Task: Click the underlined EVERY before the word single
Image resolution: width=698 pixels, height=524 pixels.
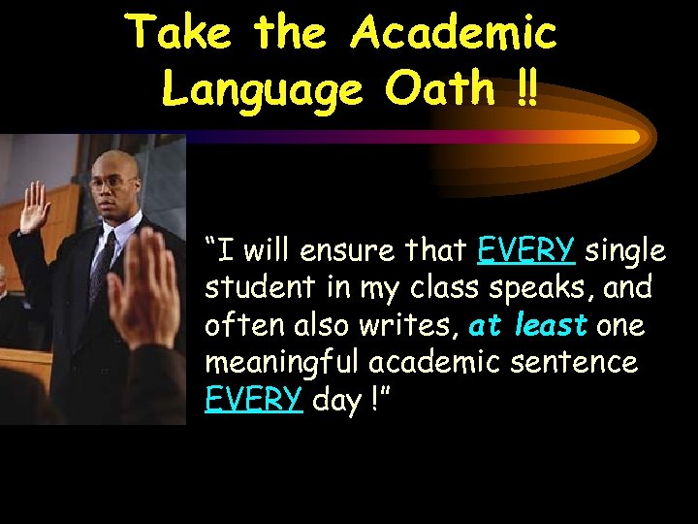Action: click(x=525, y=252)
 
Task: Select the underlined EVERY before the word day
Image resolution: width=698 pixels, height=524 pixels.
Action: click(x=253, y=400)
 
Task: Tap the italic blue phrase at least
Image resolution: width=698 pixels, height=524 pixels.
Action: click(x=527, y=326)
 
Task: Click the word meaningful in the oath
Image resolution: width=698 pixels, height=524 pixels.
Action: click(x=275, y=363)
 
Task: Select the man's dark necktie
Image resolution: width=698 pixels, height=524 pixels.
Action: click(x=103, y=262)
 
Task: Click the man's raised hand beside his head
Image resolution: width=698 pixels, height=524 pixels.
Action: click(x=36, y=207)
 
